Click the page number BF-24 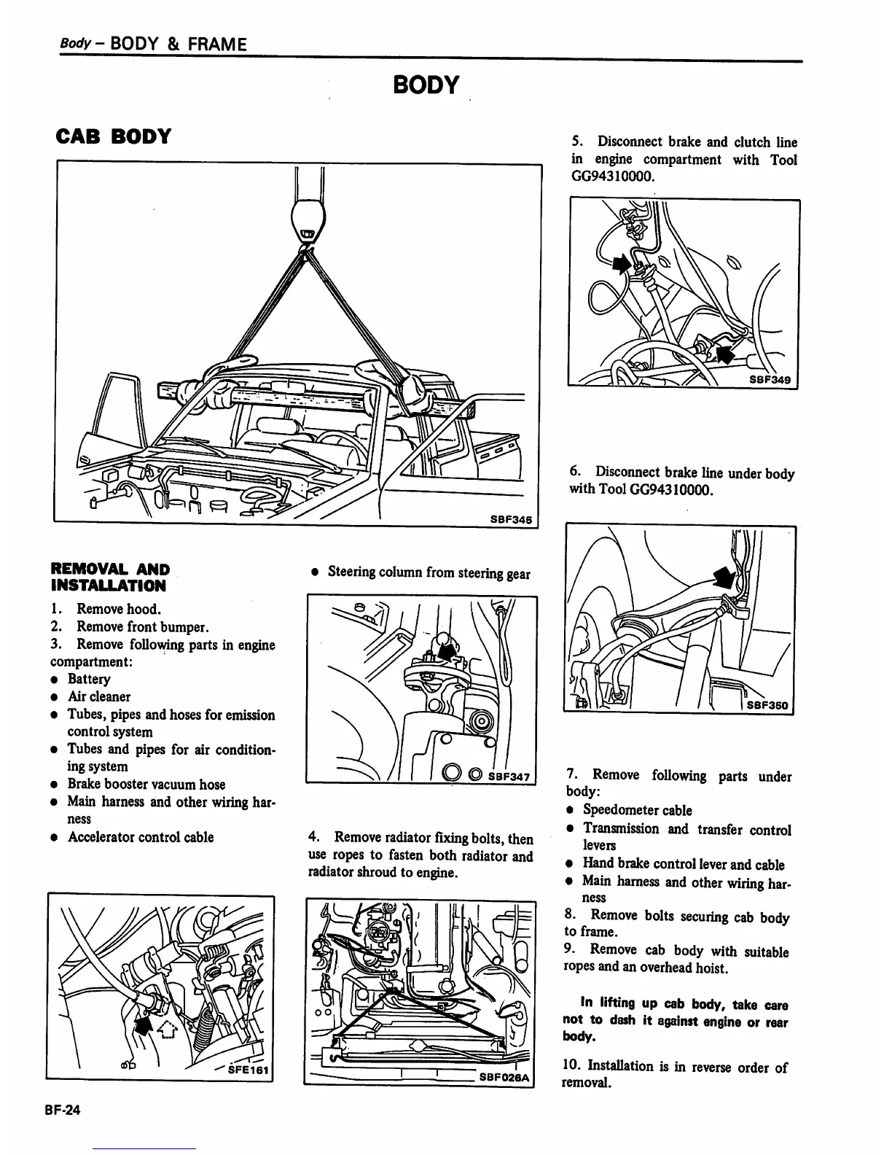(64, 1110)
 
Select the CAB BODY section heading (113, 136)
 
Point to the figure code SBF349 (771, 380)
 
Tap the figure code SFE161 (248, 1070)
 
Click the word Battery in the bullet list (89, 679)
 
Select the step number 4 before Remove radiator (313, 838)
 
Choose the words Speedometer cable (637, 810)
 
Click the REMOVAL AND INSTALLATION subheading (109, 577)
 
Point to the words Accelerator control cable (141, 837)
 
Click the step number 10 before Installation (572, 1066)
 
